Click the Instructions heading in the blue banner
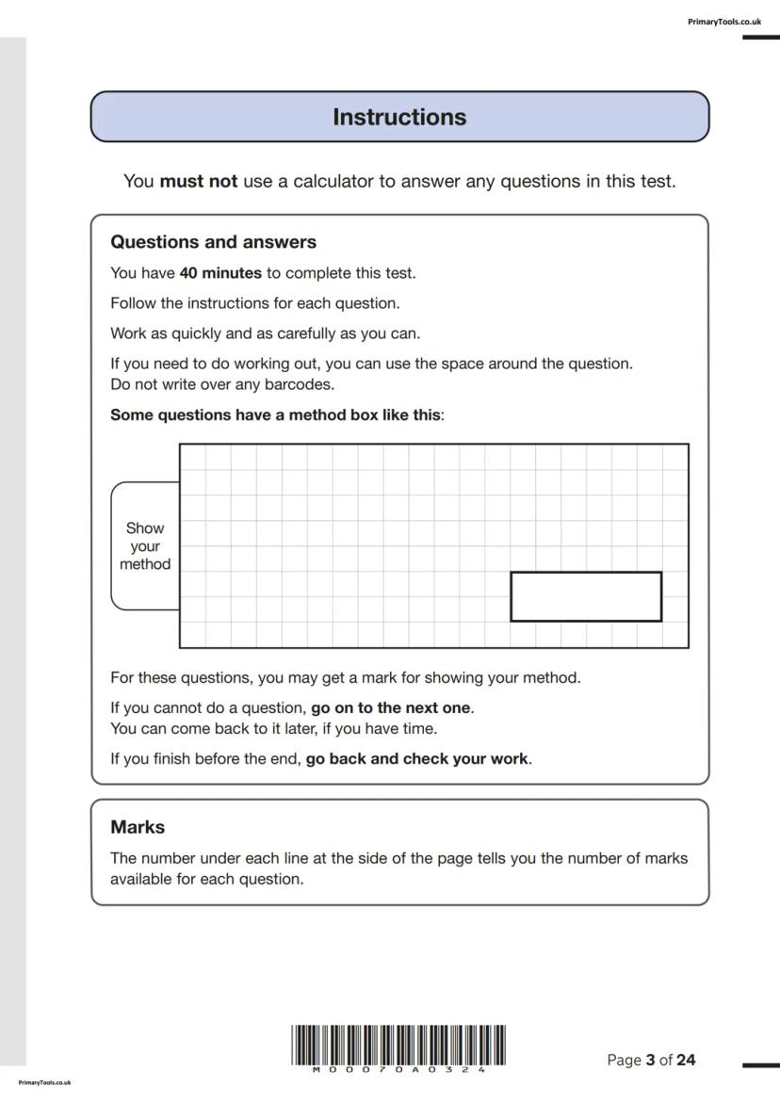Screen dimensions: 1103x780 (x=399, y=118)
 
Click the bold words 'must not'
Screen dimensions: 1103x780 (x=198, y=181)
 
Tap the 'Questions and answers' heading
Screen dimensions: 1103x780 (x=214, y=242)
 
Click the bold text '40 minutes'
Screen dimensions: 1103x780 (x=220, y=273)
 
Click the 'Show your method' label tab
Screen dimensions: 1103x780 (x=145, y=546)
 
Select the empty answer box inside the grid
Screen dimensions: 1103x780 (x=586, y=596)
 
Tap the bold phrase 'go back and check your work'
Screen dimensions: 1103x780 (x=417, y=758)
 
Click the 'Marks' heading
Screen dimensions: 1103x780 (x=138, y=827)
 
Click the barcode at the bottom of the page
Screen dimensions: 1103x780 (x=398, y=1045)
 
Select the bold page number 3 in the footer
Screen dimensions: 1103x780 (x=650, y=1061)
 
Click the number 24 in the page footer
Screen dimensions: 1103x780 (x=686, y=1061)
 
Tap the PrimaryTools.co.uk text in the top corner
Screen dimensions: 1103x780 (x=724, y=22)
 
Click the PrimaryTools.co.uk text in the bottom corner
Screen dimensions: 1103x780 (x=44, y=1083)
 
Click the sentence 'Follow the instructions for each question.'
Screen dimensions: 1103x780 (x=255, y=303)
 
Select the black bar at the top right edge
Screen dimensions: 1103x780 (x=760, y=38)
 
